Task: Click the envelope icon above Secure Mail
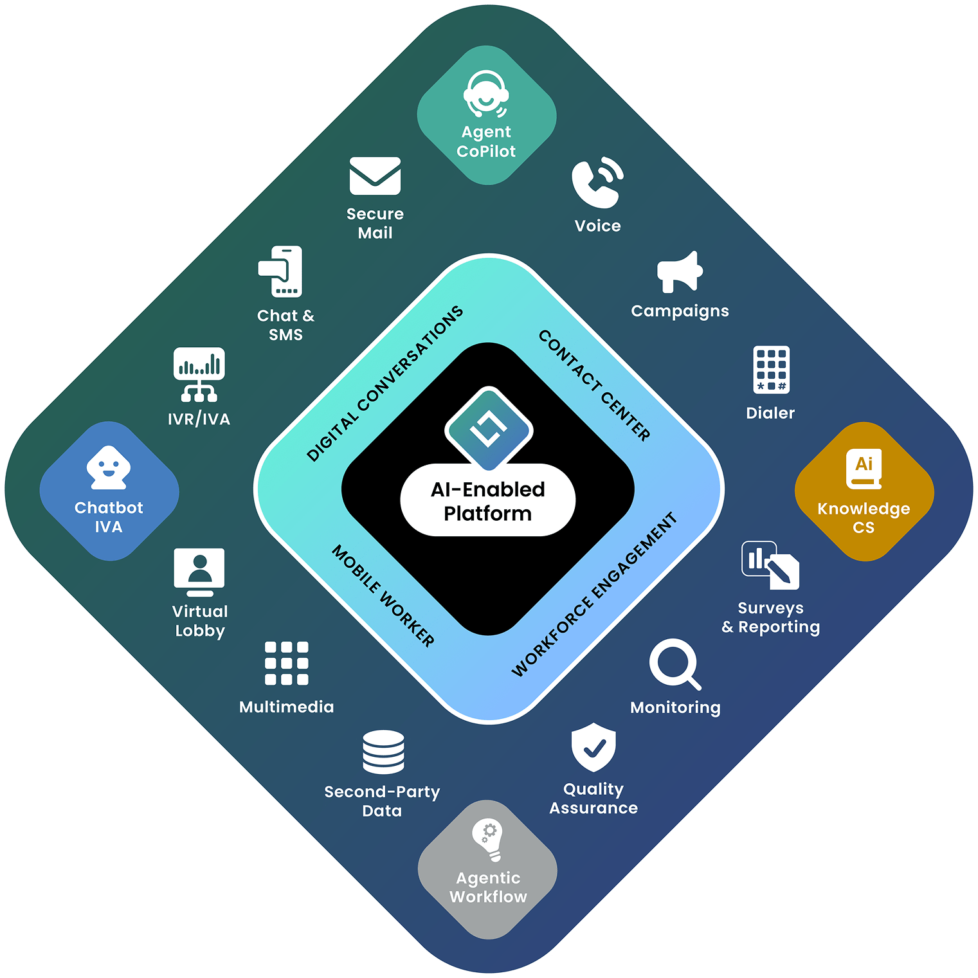click(375, 176)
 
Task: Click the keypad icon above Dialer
click(771, 370)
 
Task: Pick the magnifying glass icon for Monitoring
click(675, 664)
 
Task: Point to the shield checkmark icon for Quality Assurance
click(593, 747)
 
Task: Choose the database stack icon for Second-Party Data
click(383, 752)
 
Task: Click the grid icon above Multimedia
click(287, 663)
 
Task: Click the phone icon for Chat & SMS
click(281, 271)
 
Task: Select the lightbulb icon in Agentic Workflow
click(488, 840)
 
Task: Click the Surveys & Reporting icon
click(770, 565)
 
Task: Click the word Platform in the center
click(487, 514)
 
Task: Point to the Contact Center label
click(594, 385)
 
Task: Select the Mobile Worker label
click(383, 595)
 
